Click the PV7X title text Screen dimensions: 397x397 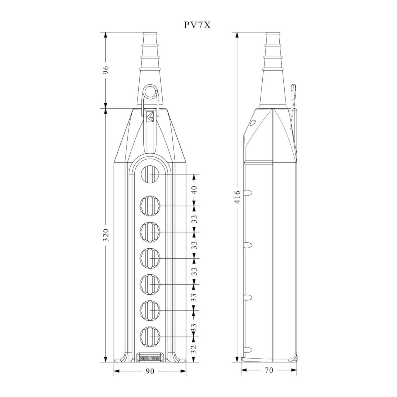click(x=197, y=25)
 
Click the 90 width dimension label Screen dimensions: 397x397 click(x=150, y=371)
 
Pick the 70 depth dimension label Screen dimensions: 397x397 click(x=269, y=370)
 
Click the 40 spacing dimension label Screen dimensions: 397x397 click(x=195, y=190)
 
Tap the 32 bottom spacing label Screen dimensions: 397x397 click(x=195, y=349)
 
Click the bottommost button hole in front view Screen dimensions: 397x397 click(x=150, y=336)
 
